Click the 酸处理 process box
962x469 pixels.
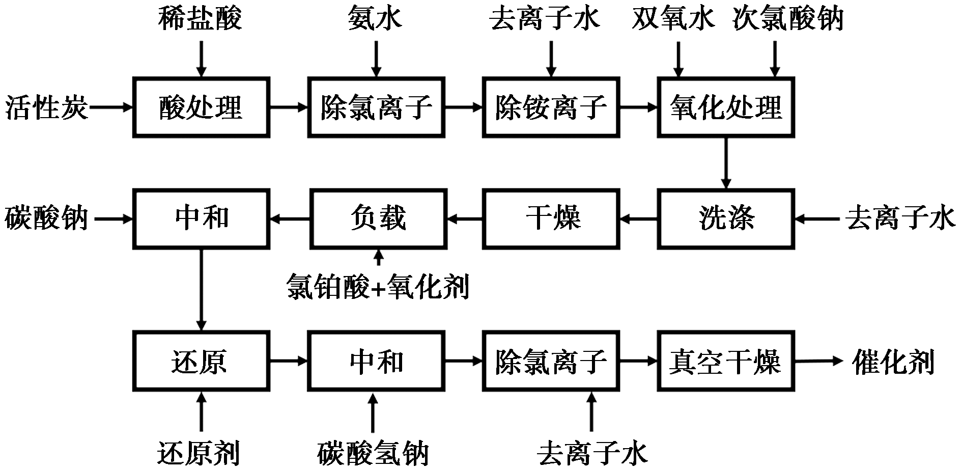pyautogui.click(x=201, y=107)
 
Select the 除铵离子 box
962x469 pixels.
pyautogui.click(x=551, y=107)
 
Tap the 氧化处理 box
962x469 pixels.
pyautogui.click(x=726, y=107)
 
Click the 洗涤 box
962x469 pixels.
pyautogui.click(x=726, y=219)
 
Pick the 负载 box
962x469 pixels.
pyautogui.click(x=378, y=219)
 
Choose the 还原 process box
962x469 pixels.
pyautogui.click(x=201, y=361)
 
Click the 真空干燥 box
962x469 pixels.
pyautogui.click(x=726, y=361)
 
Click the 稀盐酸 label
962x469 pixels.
pyautogui.click(x=200, y=19)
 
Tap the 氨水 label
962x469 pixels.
pyautogui.click(x=375, y=19)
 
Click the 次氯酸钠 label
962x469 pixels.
pyautogui.click(x=788, y=19)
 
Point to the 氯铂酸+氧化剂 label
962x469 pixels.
pyautogui.click(x=377, y=285)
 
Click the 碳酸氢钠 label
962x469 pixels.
pyautogui.click(x=373, y=452)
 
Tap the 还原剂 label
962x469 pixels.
pyautogui.click(x=199, y=452)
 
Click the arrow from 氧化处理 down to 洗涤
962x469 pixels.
pyautogui.click(x=726, y=163)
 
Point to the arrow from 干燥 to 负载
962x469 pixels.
pyautogui.click(x=465, y=219)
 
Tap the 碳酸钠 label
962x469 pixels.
pyautogui.click(x=47, y=219)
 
